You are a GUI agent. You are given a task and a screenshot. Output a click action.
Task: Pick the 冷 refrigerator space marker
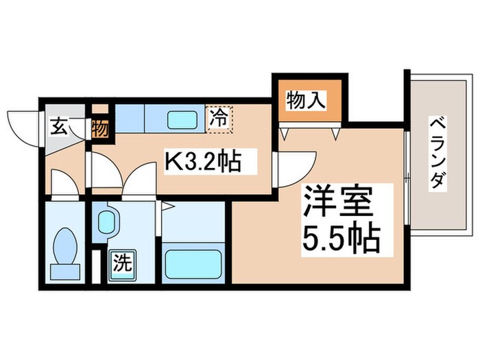[220, 116]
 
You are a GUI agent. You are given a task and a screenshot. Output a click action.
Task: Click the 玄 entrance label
[59, 126]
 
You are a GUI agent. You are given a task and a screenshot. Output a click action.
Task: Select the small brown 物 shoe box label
[99, 128]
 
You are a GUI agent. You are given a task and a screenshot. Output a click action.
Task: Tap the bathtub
[195, 264]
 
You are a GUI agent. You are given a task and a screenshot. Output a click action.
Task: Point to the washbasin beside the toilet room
[107, 221]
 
